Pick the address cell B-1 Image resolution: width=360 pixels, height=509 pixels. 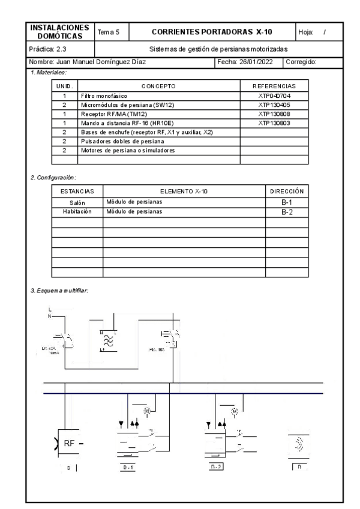[286, 202]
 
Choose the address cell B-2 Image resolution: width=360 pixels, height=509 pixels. [286, 212]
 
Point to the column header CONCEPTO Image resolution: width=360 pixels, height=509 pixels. [158, 86]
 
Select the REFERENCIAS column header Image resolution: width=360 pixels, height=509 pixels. [274, 86]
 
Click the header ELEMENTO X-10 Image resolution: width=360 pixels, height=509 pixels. [184, 191]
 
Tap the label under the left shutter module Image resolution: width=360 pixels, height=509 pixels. [127, 467]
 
